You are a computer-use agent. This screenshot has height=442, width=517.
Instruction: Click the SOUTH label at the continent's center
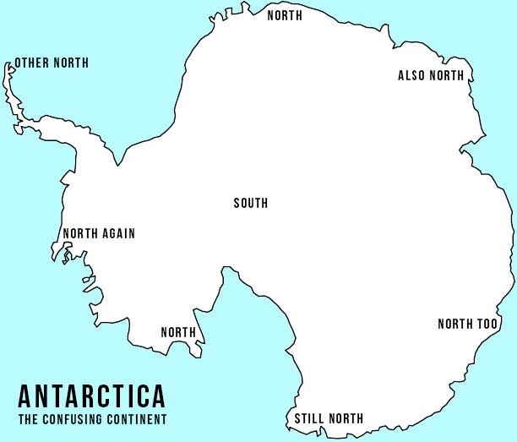250,203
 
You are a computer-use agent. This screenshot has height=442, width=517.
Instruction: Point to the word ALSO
412,76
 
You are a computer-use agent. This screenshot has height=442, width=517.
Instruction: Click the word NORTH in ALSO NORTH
448,76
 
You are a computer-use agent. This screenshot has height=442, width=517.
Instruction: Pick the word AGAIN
117,234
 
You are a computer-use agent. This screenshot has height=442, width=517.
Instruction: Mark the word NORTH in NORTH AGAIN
80,234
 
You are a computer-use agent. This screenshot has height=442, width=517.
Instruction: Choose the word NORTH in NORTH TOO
455,325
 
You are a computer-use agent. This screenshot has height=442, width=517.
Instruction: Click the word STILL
307,418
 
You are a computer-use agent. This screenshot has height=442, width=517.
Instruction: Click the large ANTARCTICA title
91,396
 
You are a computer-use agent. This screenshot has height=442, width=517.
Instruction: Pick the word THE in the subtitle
25,419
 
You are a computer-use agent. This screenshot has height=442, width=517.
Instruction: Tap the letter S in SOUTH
237,203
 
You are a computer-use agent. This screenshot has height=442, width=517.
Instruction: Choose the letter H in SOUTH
264,203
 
